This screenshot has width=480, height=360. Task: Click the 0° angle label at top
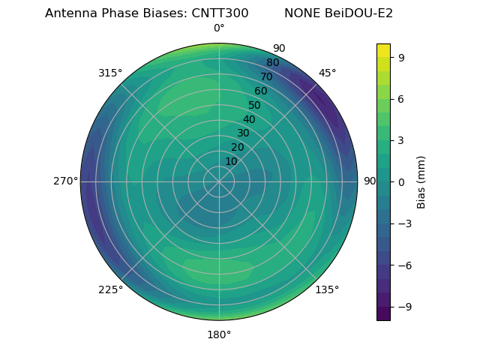(x=219, y=28)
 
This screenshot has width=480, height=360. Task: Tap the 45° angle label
(x=328, y=73)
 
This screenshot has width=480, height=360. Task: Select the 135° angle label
(x=327, y=289)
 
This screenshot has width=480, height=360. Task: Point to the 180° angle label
(x=219, y=334)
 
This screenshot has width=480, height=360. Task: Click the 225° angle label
(x=110, y=289)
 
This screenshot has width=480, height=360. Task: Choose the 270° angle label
(x=65, y=181)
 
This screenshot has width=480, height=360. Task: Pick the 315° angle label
(x=110, y=73)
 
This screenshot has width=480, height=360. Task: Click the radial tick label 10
(x=231, y=161)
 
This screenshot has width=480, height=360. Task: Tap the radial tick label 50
(x=255, y=106)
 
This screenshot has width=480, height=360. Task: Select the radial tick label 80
(x=273, y=63)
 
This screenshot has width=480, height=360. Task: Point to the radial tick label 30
(x=243, y=133)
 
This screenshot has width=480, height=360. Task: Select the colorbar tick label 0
(x=401, y=181)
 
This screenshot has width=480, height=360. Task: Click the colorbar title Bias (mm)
(x=421, y=181)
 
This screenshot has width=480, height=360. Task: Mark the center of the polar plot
(x=219, y=181)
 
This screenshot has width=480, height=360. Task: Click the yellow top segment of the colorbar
(x=383, y=50)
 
